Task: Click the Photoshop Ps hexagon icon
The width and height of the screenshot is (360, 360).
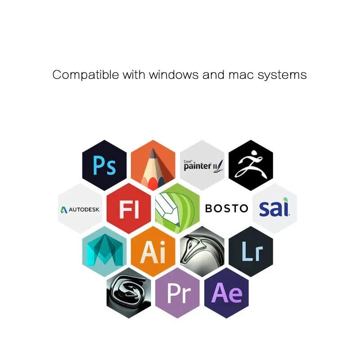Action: [104, 165]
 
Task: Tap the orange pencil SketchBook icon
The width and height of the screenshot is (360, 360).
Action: [153, 165]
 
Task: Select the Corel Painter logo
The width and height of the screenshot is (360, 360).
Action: [202, 165]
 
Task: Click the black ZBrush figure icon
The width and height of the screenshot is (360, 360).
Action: [251, 165]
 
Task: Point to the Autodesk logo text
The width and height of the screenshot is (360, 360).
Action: [80, 209]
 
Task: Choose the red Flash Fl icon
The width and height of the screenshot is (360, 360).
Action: [129, 208]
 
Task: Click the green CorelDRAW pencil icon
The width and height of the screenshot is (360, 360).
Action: [177, 208]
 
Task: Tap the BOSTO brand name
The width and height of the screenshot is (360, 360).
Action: [226, 208]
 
